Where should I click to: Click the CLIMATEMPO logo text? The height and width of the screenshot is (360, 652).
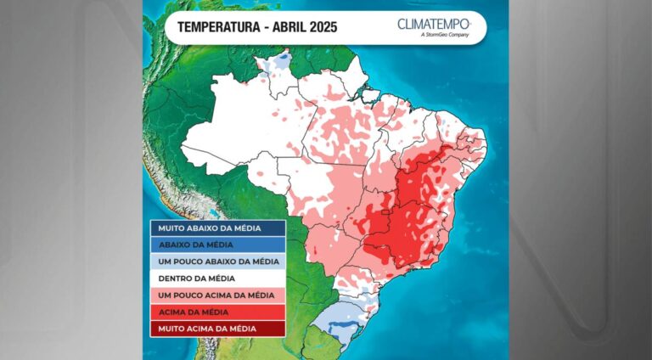point(433,23)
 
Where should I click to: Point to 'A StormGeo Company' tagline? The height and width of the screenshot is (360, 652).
point(445,36)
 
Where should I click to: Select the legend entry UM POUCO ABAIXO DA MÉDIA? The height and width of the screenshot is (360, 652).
point(218,262)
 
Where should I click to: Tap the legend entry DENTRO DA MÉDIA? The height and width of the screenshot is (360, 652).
point(197,278)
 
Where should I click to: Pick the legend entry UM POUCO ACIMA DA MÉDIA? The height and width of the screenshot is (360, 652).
point(216,295)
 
